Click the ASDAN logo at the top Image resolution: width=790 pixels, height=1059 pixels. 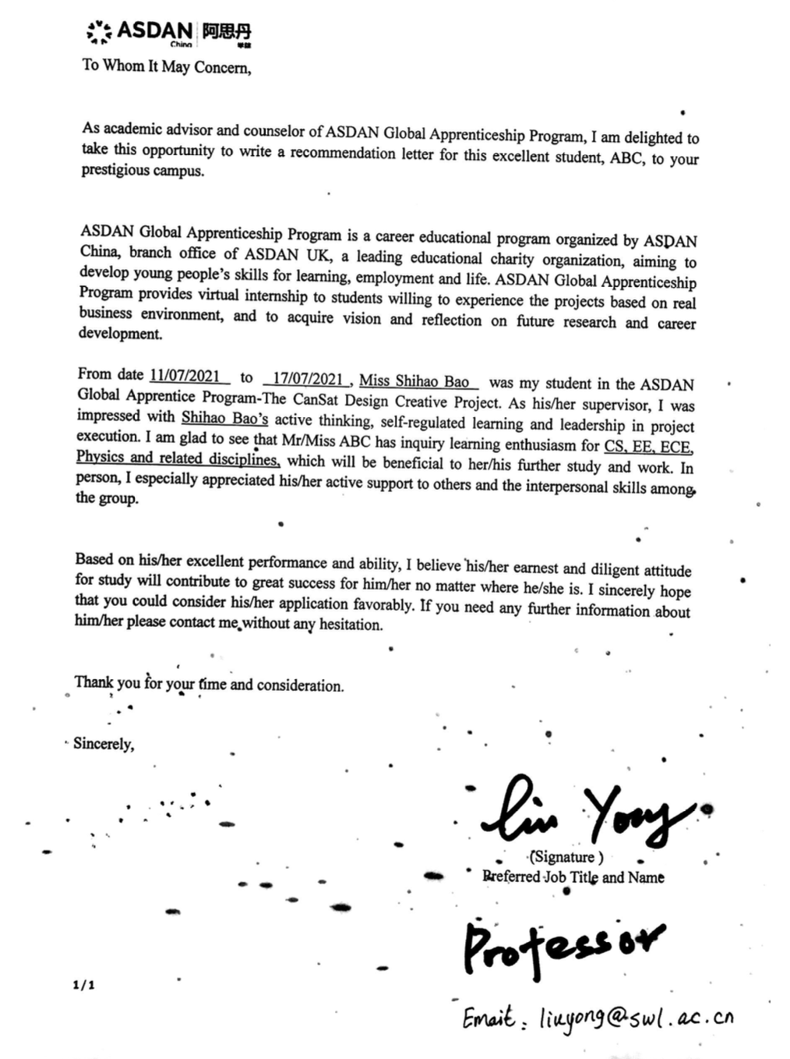tap(140, 31)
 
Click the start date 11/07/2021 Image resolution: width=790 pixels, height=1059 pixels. tap(185, 377)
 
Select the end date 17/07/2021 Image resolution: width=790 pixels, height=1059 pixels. tap(308, 379)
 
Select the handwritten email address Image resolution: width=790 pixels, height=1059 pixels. tap(636, 1018)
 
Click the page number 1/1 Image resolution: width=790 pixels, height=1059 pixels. tap(83, 985)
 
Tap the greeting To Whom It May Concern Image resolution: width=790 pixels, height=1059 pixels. tap(167, 66)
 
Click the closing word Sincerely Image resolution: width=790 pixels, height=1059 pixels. tap(104, 743)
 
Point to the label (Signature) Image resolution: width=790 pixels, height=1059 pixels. tap(566, 857)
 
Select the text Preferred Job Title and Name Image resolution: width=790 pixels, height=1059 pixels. tap(573, 877)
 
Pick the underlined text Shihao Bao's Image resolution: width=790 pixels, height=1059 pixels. tap(224, 419)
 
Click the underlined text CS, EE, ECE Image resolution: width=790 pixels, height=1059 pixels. tap(648, 447)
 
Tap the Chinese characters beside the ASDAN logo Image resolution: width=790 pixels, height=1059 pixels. tap(227, 32)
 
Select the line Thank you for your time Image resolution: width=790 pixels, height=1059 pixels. tap(209, 684)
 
